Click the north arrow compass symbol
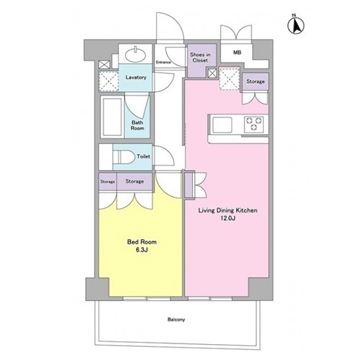[296, 25]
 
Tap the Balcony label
[176, 320]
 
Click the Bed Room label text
[142, 242]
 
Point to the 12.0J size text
[228, 218]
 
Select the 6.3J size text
[142, 250]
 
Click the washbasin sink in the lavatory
[135, 55]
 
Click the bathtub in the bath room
[112, 117]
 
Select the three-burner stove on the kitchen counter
[254, 124]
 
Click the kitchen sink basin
[222, 125]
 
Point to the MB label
[237, 53]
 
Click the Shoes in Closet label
[200, 58]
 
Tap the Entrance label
[163, 63]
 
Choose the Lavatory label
[136, 77]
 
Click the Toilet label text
[143, 156]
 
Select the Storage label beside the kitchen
[256, 81]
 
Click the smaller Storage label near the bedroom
[107, 181]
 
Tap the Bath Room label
[138, 125]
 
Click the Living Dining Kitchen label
[228, 210]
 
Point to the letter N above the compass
[294, 15]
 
